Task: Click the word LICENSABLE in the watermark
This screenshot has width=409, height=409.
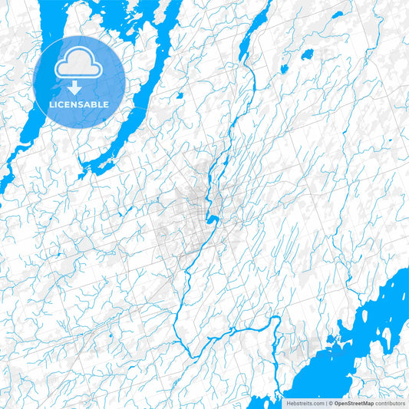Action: [80, 104]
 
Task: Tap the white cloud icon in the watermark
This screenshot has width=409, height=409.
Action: [80, 64]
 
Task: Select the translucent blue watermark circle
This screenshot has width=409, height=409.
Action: [80, 81]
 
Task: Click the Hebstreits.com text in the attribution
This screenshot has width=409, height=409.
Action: [304, 403]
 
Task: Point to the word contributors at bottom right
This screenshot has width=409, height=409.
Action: [390, 403]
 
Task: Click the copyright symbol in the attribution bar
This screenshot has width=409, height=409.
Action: [329, 403]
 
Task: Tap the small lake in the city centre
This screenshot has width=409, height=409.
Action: [212, 221]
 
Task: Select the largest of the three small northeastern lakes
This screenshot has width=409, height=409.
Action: [307, 54]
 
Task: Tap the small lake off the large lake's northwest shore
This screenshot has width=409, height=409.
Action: [331, 338]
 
